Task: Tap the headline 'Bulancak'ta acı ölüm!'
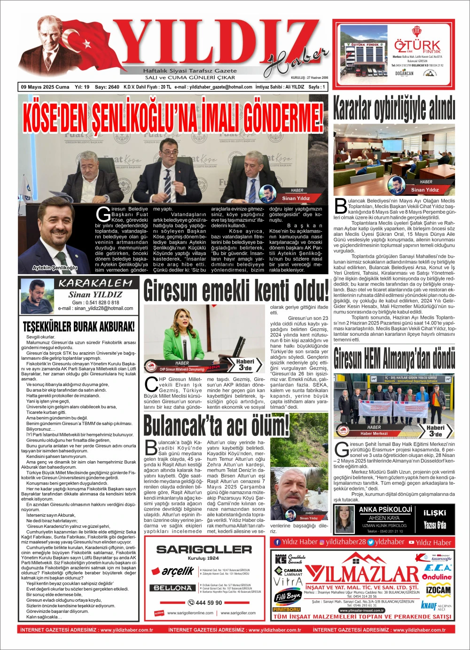[216, 426]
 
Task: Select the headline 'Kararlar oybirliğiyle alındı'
[394, 109]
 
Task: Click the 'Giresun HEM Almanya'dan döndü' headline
[394, 358]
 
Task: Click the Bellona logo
[173, 588]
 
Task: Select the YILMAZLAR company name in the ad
[362, 574]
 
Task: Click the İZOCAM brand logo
[438, 590]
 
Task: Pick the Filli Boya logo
[287, 597]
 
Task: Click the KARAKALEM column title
[95, 283]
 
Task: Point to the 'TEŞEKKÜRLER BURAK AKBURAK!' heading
[78, 326]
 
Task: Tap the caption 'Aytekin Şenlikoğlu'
[55, 268]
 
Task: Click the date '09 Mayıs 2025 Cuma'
[45, 87]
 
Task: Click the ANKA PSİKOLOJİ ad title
[385, 509]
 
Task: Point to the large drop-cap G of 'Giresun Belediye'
[103, 214]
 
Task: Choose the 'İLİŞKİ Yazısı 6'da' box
[435, 519]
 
